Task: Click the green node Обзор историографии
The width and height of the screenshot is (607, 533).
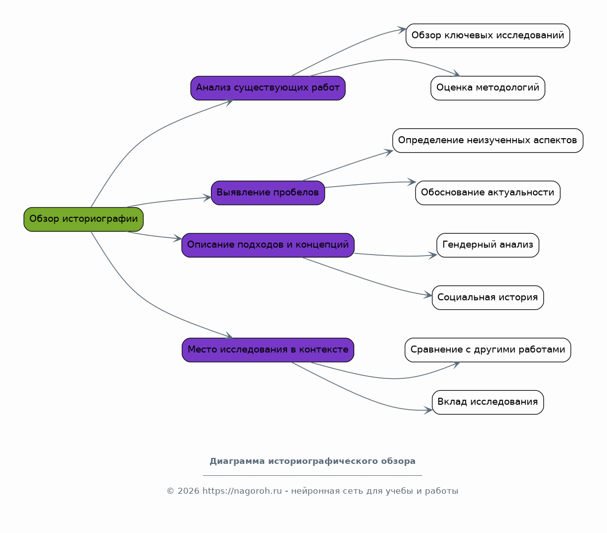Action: click(x=84, y=219)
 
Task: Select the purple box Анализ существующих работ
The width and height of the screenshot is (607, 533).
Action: click(x=268, y=88)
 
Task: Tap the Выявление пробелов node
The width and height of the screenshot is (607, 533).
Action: click(x=268, y=193)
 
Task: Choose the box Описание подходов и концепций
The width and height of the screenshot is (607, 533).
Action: click(x=268, y=245)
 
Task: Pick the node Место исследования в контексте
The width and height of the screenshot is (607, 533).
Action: click(x=268, y=350)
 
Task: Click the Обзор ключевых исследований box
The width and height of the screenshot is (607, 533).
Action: click(x=488, y=36)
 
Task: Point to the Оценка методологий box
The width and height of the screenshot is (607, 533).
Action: click(x=488, y=88)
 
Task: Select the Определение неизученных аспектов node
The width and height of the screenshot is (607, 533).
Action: click(x=488, y=140)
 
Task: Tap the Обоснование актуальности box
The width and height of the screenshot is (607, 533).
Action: click(x=488, y=193)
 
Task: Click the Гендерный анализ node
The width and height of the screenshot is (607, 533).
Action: click(x=488, y=245)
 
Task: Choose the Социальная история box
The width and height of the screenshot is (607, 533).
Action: click(x=488, y=298)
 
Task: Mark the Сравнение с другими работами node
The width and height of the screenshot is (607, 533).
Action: click(x=488, y=350)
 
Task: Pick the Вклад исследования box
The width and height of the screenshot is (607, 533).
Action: click(x=488, y=402)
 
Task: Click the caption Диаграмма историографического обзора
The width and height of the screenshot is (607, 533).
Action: click(x=312, y=461)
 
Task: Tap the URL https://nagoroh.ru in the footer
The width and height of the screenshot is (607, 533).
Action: click(x=242, y=491)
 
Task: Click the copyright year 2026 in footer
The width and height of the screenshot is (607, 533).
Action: click(x=188, y=491)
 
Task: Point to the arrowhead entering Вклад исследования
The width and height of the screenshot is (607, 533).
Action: click(x=428, y=410)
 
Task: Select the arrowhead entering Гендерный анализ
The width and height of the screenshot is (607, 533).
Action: click(x=433, y=256)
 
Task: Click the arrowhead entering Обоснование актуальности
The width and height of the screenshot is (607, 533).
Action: click(x=411, y=182)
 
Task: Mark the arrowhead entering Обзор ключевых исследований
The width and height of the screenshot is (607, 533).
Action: click(x=402, y=30)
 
